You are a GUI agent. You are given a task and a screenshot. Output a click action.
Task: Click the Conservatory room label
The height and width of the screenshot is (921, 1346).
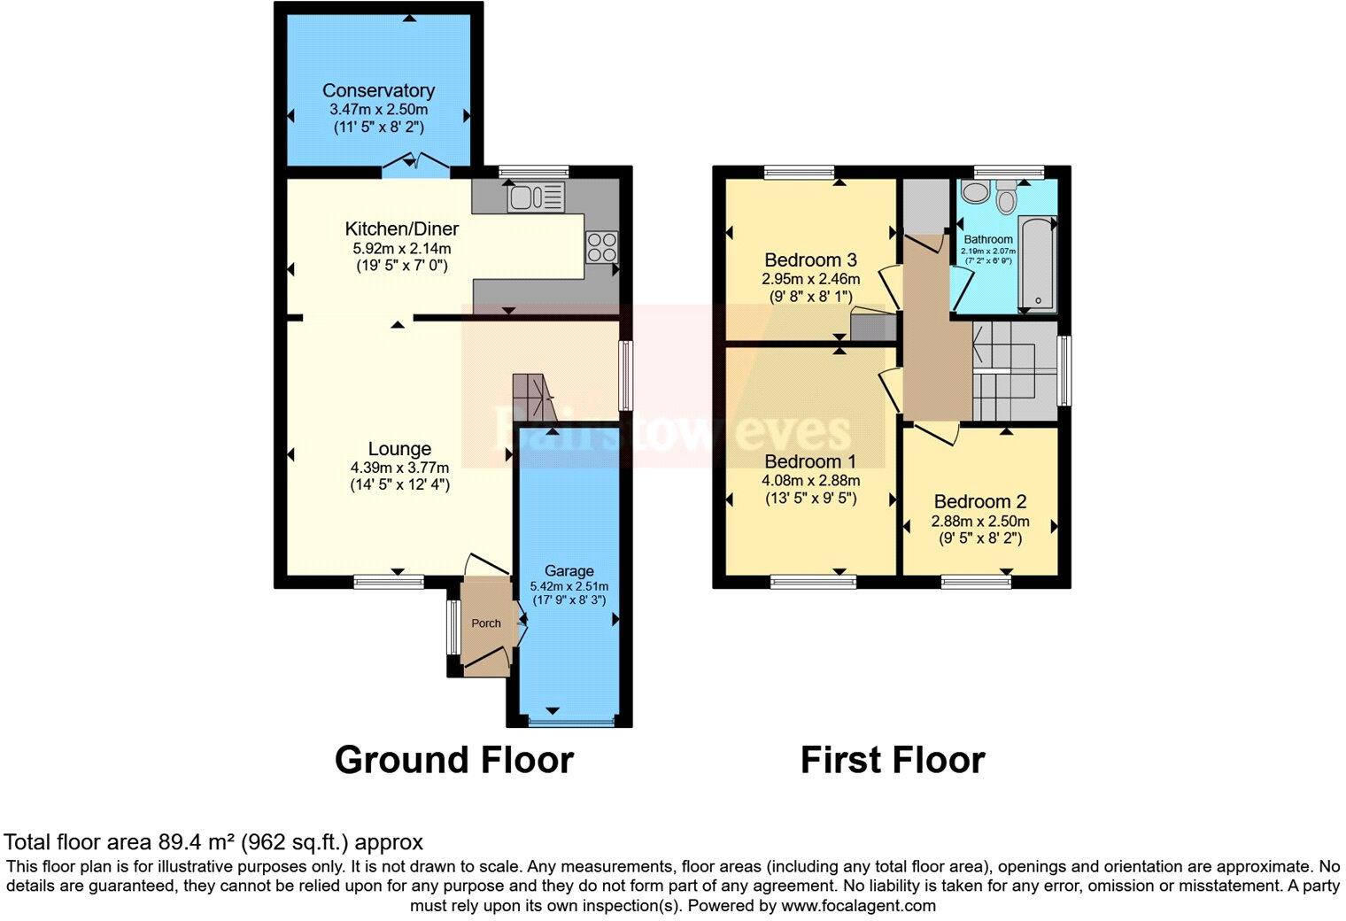click(x=378, y=90)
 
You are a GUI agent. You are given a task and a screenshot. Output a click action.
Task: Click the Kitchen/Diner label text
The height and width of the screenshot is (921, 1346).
click(x=402, y=228)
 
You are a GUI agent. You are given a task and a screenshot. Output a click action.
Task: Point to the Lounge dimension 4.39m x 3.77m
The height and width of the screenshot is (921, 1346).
click(x=399, y=468)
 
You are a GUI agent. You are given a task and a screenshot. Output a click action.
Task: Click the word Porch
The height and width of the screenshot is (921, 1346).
click(x=485, y=623)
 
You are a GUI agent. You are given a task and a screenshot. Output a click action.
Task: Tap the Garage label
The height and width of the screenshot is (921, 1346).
click(x=569, y=571)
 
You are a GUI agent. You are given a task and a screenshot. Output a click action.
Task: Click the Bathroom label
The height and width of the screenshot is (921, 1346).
click(x=988, y=239)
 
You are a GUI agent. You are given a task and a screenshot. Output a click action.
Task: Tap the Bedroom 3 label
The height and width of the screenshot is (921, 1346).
click(x=810, y=260)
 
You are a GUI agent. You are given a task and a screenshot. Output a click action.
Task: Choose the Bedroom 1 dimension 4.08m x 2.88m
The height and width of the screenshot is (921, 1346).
click(x=810, y=481)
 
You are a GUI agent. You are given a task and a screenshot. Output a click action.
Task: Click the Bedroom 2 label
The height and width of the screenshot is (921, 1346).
click(x=979, y=502)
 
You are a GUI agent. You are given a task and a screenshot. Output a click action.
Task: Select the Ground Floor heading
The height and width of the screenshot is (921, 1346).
click(x=453, y=760)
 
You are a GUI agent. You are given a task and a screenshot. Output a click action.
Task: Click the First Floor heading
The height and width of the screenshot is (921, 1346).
click(x=892, y=760)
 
